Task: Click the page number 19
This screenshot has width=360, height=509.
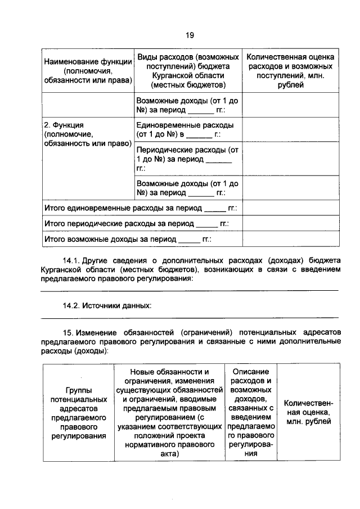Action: click(190, 35)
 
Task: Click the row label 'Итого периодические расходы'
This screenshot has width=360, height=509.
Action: click(136, 224)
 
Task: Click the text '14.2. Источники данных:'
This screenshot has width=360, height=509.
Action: click(107, 306)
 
